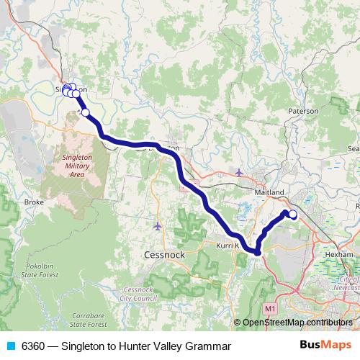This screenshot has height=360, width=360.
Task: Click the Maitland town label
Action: point(271,192)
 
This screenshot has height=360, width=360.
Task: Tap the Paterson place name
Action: point(303,112)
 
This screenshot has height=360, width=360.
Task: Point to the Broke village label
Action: point(34,202)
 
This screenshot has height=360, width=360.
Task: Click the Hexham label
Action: point(339,254)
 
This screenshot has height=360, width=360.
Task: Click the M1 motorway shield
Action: point(270,308)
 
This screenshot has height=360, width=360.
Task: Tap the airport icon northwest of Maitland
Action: point(239,172)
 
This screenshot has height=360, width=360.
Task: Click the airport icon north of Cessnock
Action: point(158,226)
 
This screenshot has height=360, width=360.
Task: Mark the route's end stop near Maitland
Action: point(293,214)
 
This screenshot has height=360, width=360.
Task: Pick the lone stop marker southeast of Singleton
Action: point(86,112)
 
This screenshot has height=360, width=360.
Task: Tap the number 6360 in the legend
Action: point(34,346)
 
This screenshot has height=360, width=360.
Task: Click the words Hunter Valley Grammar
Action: point(176,346)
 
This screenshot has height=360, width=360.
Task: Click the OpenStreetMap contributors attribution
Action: point(297,323)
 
